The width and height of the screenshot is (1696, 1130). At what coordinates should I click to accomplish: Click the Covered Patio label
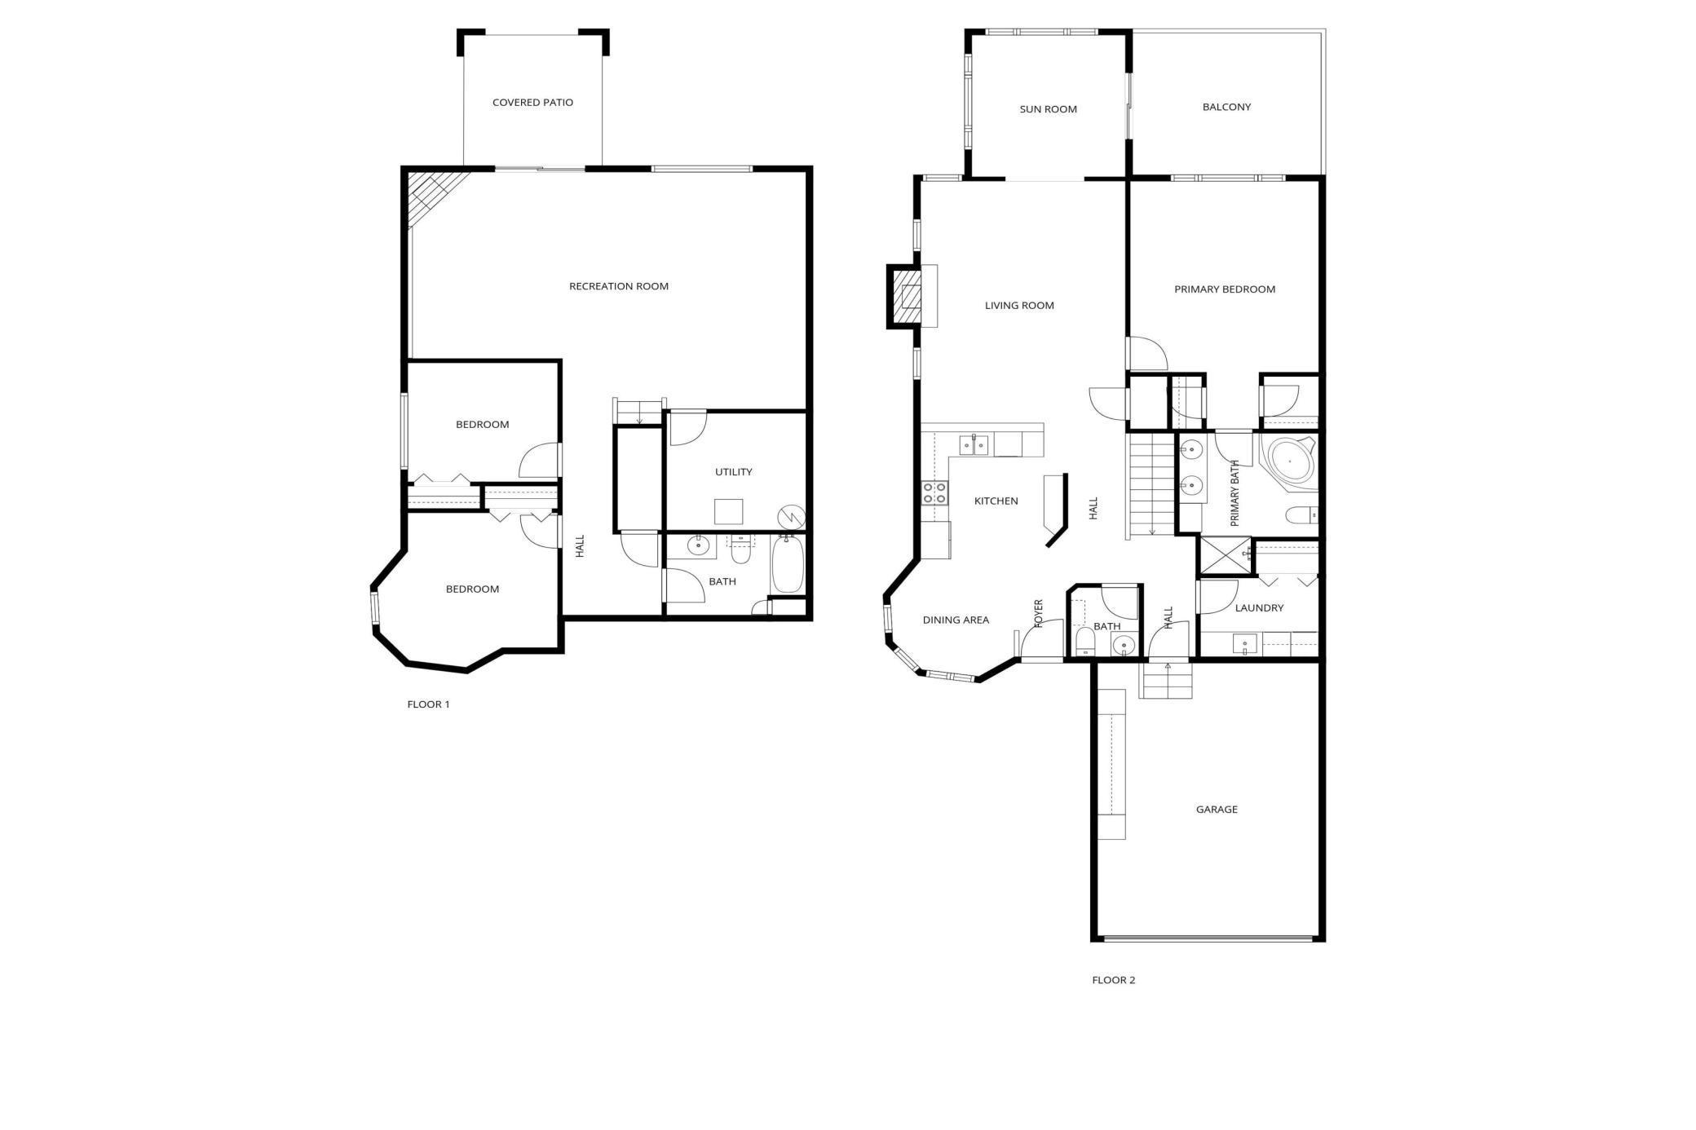coord(532,103)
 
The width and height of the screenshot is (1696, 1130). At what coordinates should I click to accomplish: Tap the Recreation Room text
coord(618,286)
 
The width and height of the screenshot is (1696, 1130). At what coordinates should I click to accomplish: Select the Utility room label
coord(733,472)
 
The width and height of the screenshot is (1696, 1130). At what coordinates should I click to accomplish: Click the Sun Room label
coord(1048,109)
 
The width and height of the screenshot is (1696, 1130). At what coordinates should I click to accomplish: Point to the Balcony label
coord(1226,107)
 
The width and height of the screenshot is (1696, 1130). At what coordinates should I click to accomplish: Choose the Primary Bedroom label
coord(1225,289)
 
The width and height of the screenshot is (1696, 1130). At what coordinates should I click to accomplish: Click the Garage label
coord(1217,810)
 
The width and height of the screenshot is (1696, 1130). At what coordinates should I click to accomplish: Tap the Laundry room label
coord(1259,608)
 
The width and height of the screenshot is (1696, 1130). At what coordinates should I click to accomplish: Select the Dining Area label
coord(956,620)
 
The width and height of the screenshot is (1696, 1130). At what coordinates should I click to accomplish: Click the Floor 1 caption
coord(428,704)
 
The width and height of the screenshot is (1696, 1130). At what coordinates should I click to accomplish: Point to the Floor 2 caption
coord(1113,980)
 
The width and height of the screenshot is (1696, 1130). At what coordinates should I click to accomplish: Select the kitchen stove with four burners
coord(934,493)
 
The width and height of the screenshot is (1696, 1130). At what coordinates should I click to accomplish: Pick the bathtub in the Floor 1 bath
coord(788,563)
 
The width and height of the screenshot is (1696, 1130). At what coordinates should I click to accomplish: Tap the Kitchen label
coord(996,501)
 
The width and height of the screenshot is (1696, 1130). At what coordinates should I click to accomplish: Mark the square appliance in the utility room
coord(728,512)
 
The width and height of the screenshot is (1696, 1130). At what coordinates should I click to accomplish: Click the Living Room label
coord(1019,306)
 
